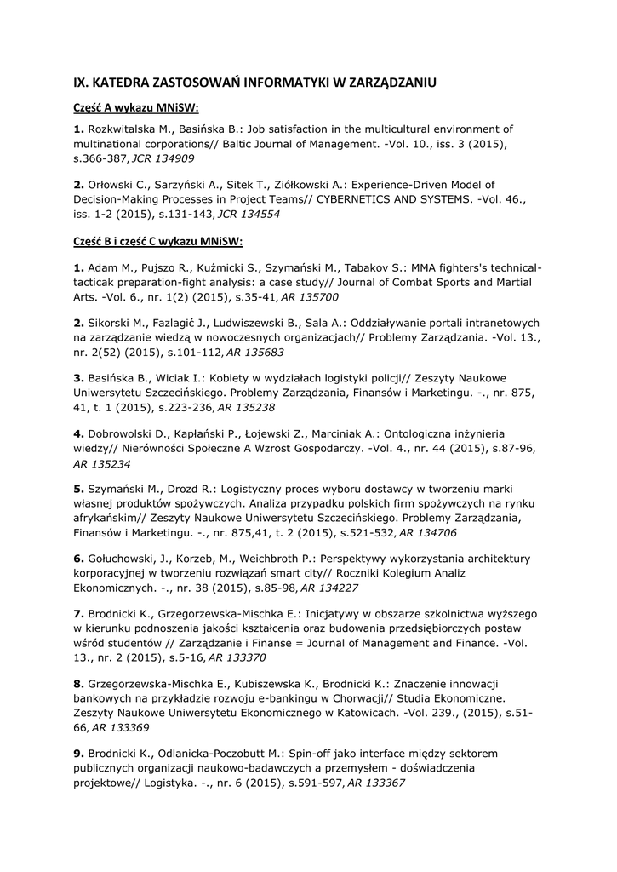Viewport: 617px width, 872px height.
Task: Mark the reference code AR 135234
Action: (x=102, y=463)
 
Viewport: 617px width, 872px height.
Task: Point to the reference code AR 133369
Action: (x=121, y=728)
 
